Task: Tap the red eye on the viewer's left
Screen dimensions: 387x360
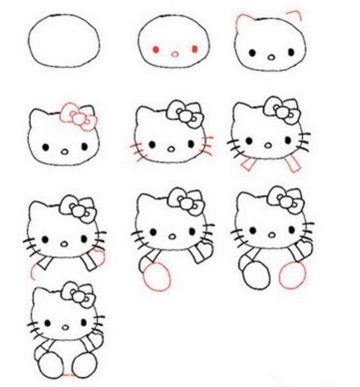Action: click(x=155, y=50)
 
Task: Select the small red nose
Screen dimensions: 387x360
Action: click(x=175, y=54)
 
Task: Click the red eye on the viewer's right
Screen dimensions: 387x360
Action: click(x=194, y=49)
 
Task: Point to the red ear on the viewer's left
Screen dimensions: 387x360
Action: click(x=241, y=22)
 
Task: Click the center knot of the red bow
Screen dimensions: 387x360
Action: click(x=79, y=118)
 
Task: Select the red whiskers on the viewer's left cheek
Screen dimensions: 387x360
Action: click(x=138, y=152)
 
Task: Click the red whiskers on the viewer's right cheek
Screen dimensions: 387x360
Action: click(x=208, y=146)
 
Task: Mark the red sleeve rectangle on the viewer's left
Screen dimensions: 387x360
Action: click(x=248, y=165)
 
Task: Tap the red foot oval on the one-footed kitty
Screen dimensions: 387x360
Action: click(x=156, y=277)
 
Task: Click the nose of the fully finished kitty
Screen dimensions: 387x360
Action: click(x=65, y=329)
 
